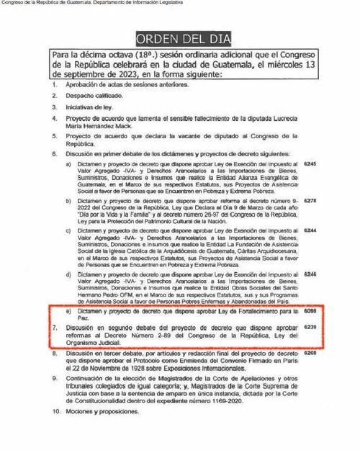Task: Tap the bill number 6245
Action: pyautogui.click(x=310, y=164)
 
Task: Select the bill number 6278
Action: pyautogui.click(x=310, y=201)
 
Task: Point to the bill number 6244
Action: pyautogui.click(x=310, y=230)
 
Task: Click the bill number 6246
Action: pyautogui.click(x=310, y=274)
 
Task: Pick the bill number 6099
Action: pyautogui.click(x=310, y=311)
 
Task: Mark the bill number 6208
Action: pyautogui.click(x=310, y=354)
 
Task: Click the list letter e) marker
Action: pyautogui.click(x=68, y=312)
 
